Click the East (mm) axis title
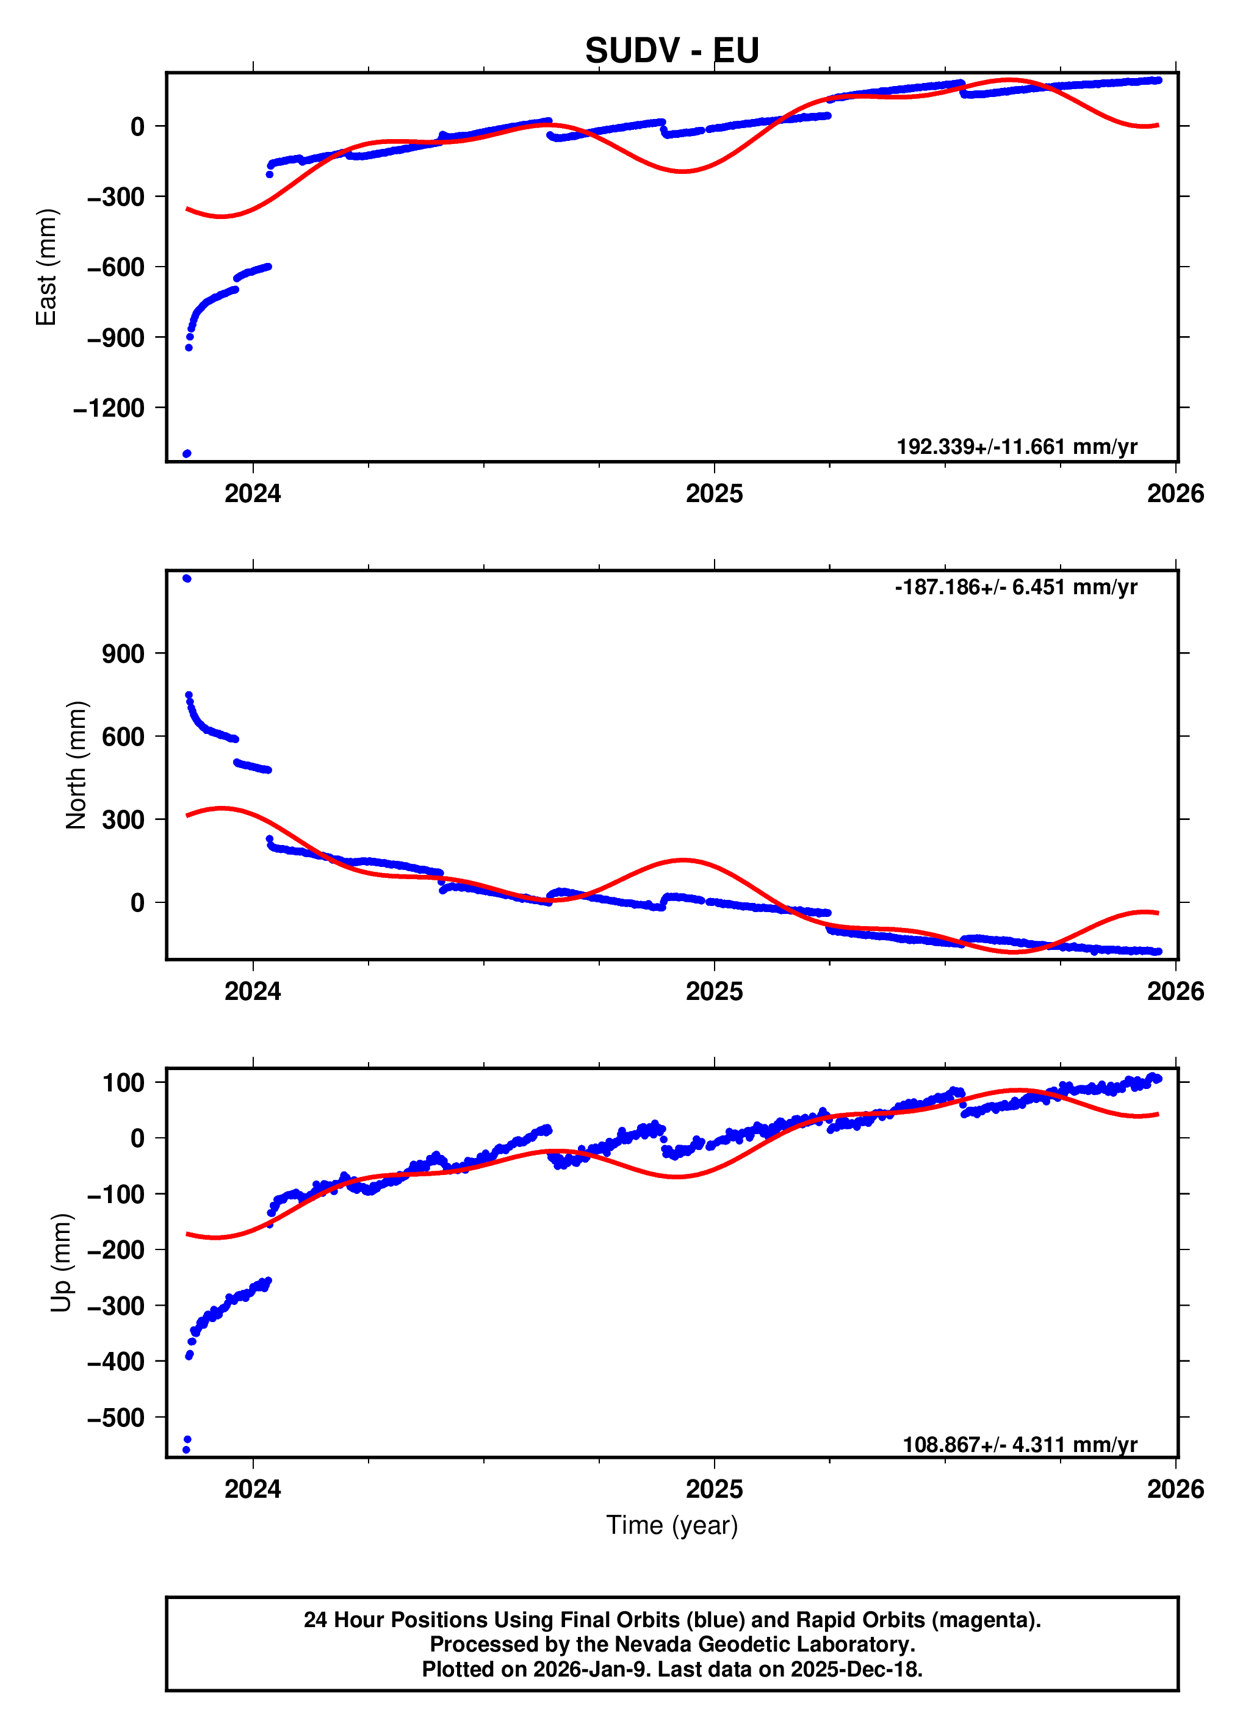[x=46, y=267]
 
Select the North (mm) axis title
[x=76, y=764]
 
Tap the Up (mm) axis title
[x=61, y=1262]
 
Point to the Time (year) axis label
[x=671, y=1525]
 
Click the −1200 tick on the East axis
[x=109, y=408]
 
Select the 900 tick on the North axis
[x=123, y=653]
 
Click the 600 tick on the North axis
[x=123, y=736]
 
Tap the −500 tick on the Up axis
[x=116, y=1418]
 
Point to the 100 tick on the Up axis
[x=123, y=1082]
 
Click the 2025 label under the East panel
[x=714, y=494]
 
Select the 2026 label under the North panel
[x=1175, y=992]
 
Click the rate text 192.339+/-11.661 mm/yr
[x=1017, y=447]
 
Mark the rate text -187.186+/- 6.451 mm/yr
[x=1016, y=587]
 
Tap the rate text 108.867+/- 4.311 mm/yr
[x=1020, y=1445]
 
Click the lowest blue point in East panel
[x=187, y=453]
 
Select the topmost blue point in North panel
[x=187, y=578]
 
